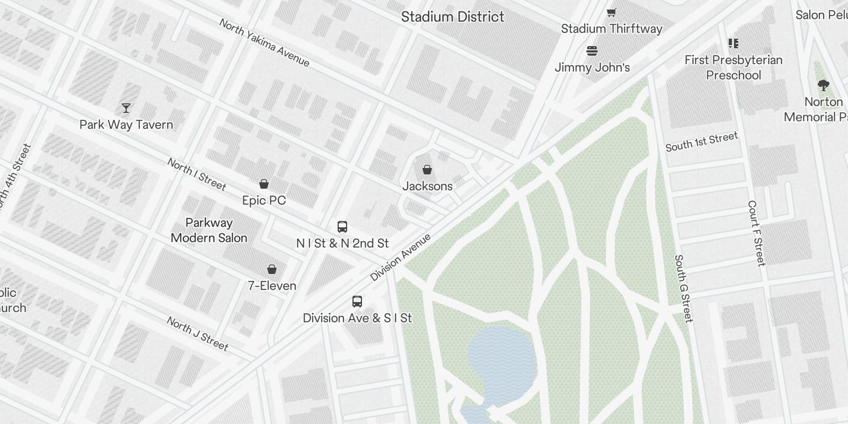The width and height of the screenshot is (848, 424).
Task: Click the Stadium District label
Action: (452, 16)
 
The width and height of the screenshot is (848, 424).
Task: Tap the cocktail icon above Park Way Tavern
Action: (126, 108)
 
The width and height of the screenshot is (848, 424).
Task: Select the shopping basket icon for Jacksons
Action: (427, 170)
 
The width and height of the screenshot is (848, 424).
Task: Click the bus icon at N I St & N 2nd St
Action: (342, 227)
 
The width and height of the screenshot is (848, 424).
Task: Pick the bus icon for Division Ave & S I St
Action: (357, 302)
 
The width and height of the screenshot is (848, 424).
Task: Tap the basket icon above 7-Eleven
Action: (272, 269)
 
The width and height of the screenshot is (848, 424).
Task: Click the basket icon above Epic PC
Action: (264, 184)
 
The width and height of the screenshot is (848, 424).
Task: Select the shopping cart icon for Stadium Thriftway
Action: (612, 12)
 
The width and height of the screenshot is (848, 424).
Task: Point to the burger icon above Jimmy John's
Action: (592, 51)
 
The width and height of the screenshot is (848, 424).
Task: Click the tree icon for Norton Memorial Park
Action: (823, 85)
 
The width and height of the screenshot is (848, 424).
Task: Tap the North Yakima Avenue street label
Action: (264, 43)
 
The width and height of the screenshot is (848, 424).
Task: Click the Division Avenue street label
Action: (400, 257)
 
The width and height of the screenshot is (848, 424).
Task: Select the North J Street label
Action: (197, 334)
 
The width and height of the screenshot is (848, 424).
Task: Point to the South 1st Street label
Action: (701, 142)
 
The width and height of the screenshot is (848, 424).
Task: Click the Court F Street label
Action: (756, 233)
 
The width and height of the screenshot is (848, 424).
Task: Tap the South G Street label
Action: (683, 289)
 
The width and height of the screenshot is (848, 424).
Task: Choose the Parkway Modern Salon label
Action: (209, 230)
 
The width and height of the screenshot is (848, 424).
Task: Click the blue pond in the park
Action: (501, 360)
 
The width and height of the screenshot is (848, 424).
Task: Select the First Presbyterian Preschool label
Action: (733, 67)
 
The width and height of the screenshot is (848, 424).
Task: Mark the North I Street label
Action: (197, 174)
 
